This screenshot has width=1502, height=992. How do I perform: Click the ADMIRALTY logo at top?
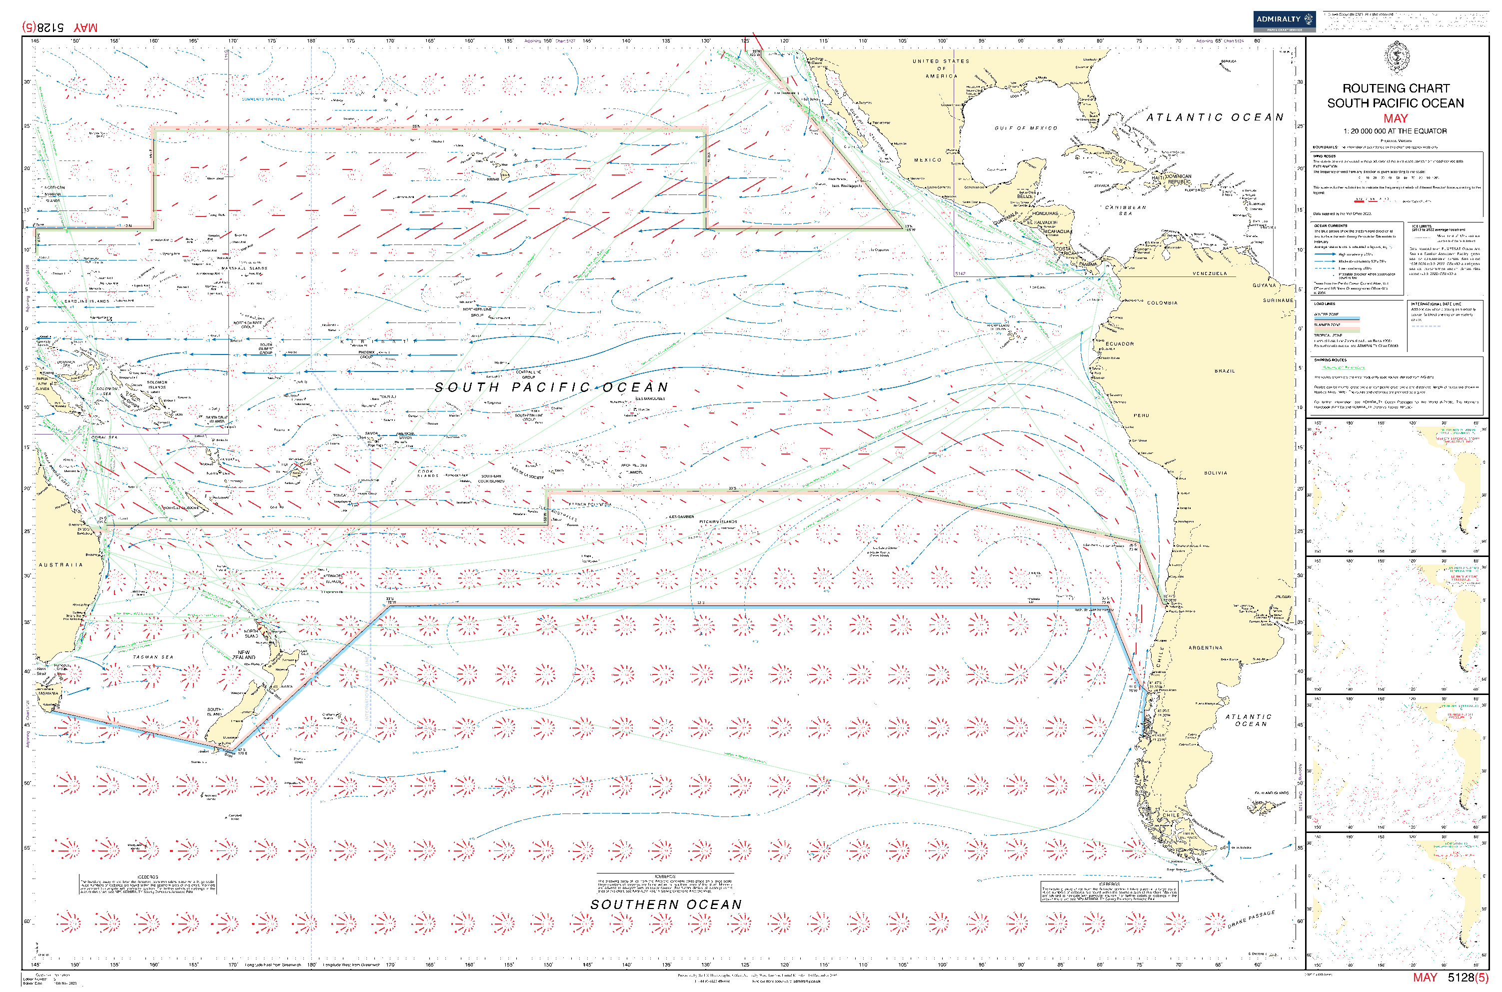(1284, 21)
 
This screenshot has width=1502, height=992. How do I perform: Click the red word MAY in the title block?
(1395, 118)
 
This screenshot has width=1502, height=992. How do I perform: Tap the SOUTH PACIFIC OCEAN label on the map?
(551, 387)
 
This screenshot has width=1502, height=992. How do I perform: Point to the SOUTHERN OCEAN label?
(665, 904)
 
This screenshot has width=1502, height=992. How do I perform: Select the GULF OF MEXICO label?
(1025, 128)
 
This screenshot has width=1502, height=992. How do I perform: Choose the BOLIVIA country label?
(1215, 472)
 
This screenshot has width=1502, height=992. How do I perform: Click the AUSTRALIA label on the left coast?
(60, 565)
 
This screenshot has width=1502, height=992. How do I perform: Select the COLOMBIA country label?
(1162, 303)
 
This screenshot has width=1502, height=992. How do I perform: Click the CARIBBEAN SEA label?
(1125, 210)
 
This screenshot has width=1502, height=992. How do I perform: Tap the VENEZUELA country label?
(1209, 273)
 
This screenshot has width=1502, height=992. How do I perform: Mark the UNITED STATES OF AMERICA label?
(940, 68)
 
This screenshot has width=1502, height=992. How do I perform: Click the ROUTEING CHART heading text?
(1395, 88)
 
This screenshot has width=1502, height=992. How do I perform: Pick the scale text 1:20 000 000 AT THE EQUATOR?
(1395, 131)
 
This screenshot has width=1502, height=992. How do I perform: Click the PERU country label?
(1141, 415)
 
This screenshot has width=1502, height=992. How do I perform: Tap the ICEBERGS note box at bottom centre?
(665, 884)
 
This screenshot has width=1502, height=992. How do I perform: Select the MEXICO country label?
(927, 160)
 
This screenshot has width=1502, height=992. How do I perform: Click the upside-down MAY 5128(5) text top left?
(60, 27)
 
